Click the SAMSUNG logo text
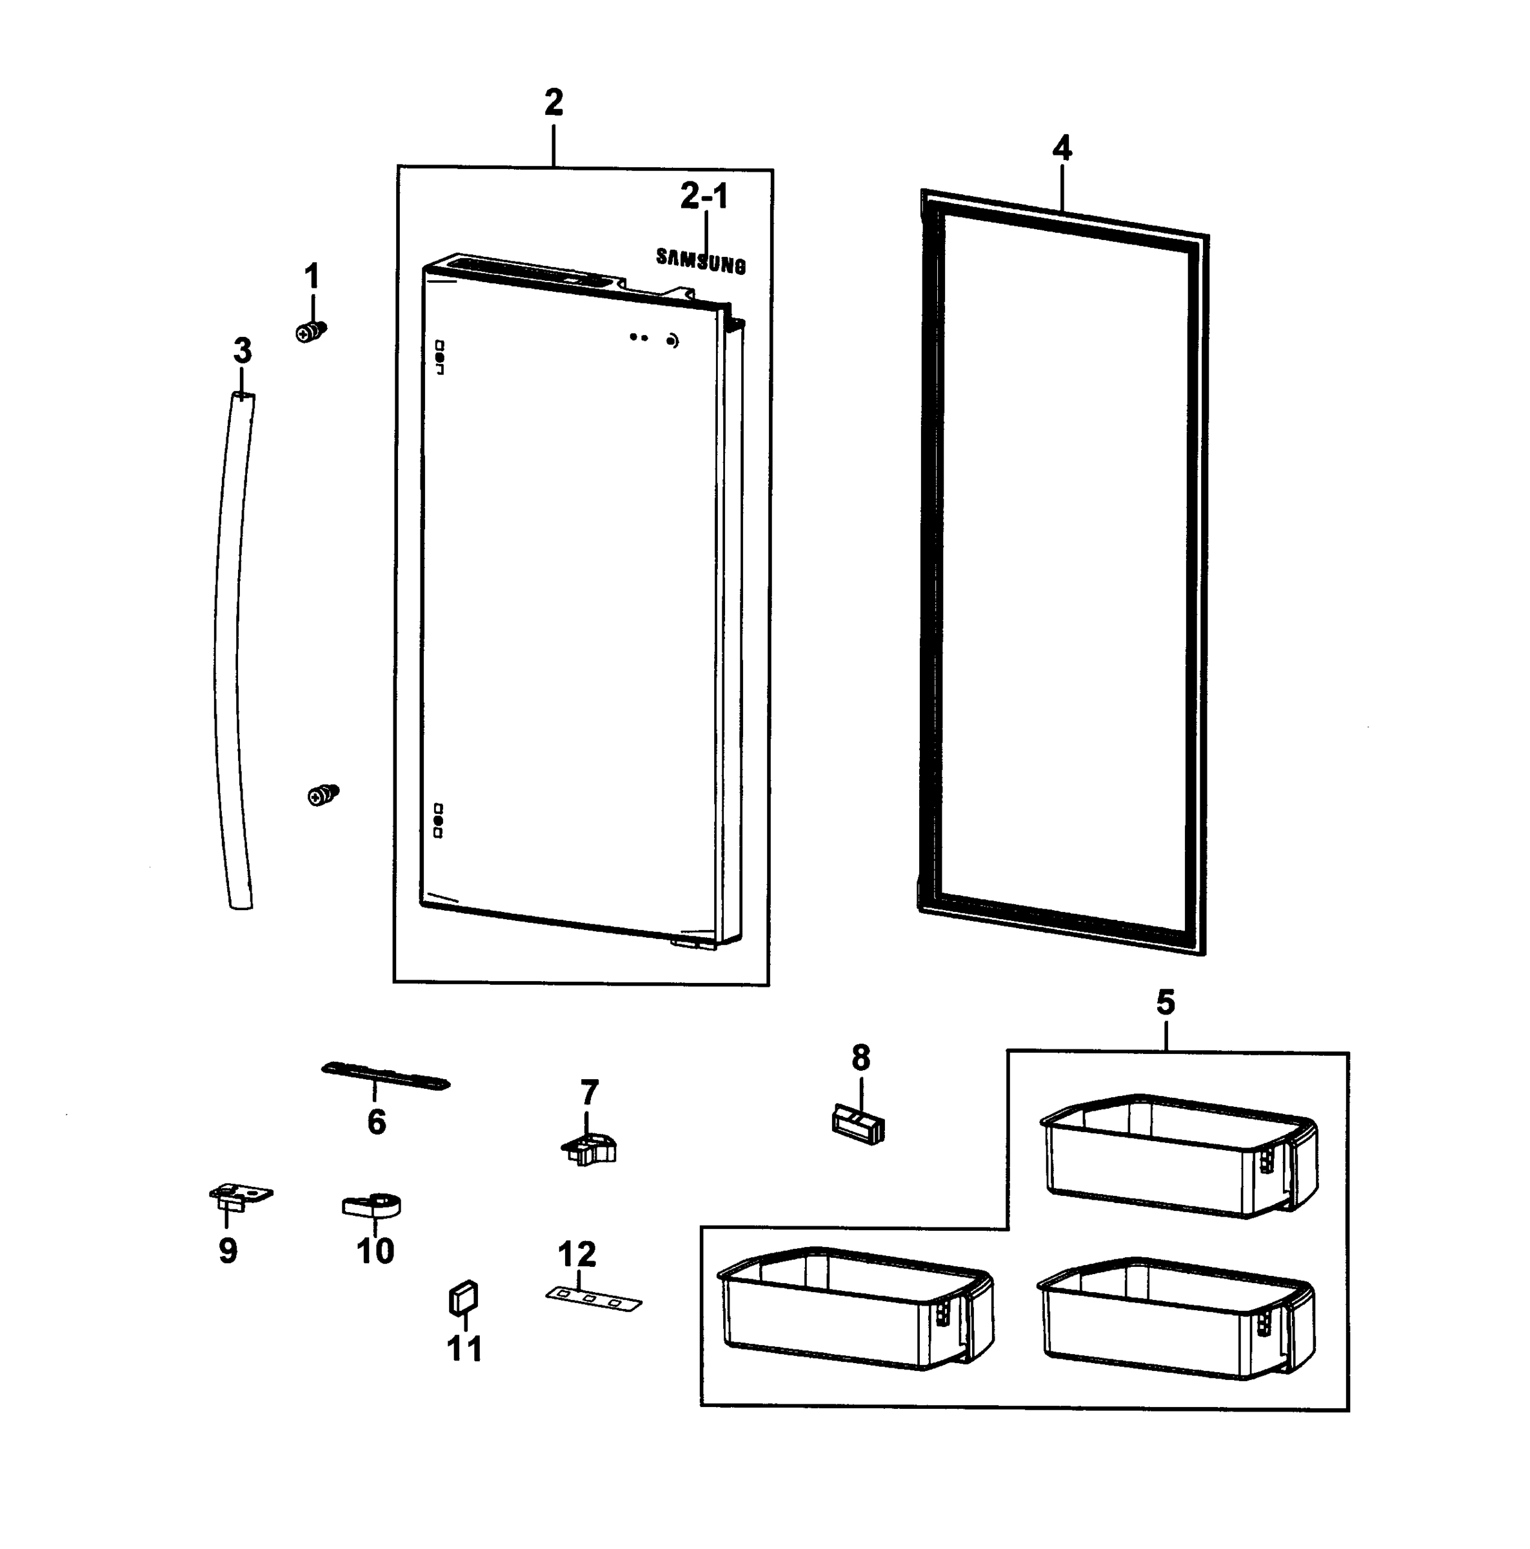coord(700,261)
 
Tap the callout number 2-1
coord(703,196)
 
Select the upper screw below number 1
coord(311,330)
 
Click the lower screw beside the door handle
coord(322,795)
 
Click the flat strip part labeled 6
coord(384,1076)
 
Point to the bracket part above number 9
coord(240,1195)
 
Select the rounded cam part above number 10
coord(372,1205)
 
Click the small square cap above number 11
coord(462,1298)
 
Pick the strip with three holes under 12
coord(593,1298)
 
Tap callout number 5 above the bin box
coord(1164,1002)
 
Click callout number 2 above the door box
coord(553,103)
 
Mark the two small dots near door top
coord(638,338)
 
